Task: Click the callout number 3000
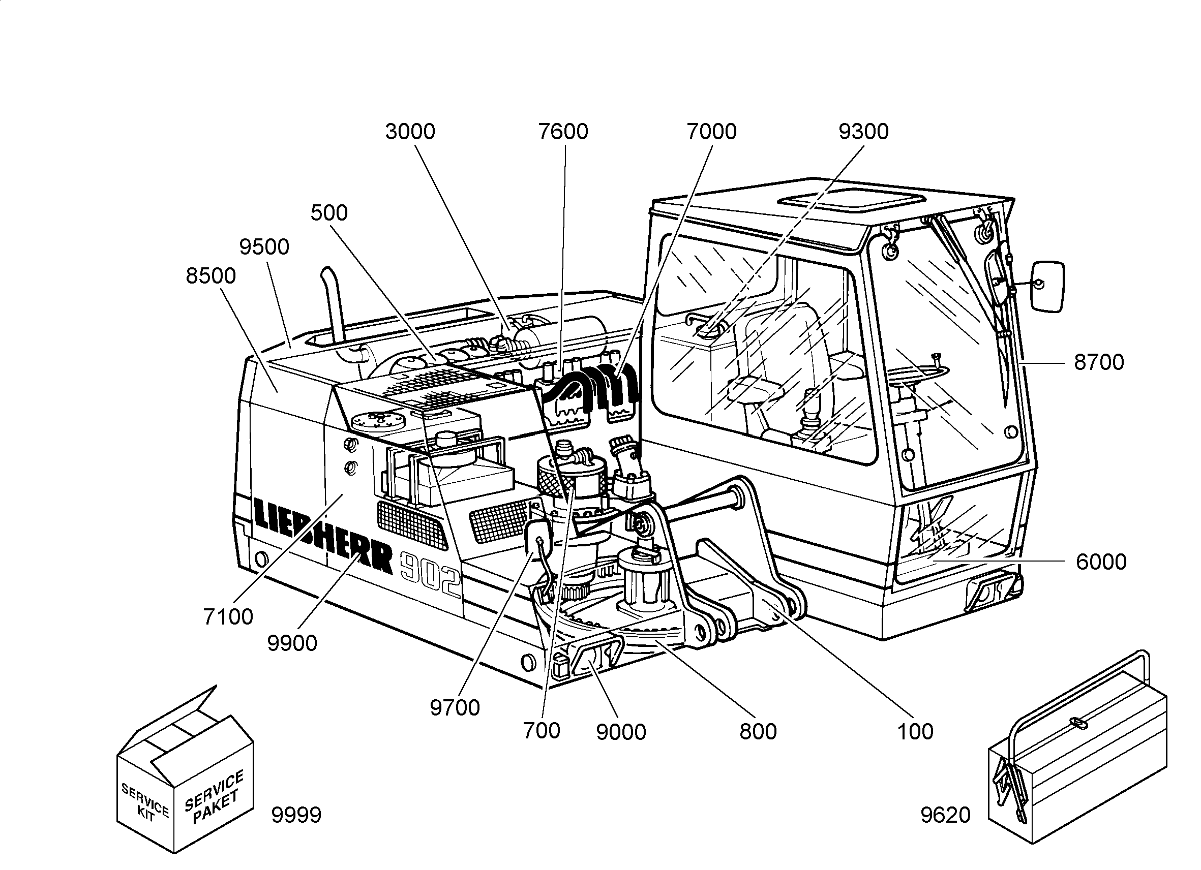(410, 132)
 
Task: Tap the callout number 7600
(563, 132)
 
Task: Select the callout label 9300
(863, 132)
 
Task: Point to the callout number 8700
(1099, 362)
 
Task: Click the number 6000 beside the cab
(1101, 562)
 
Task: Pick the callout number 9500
(264, 247)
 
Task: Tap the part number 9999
(296, 816)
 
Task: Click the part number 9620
(946, 816)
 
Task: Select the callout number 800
(758, 732)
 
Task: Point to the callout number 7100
(228, 617)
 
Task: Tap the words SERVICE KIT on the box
(145, 803)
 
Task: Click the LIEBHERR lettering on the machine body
(323, 536)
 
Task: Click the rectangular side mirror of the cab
(1047, 286)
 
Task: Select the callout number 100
(915, 732)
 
